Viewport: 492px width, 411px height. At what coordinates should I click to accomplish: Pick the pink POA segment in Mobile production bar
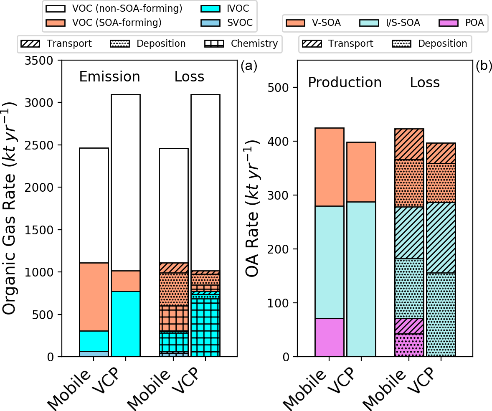tap(330, 337)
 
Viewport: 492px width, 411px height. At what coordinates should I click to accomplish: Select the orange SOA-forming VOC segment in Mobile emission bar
tap(94, 297)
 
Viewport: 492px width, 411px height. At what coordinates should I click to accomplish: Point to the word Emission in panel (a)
tap(109, 77)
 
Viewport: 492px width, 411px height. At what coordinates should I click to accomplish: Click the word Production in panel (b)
tap(345, 83)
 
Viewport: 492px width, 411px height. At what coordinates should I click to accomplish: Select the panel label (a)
tap(249, 66)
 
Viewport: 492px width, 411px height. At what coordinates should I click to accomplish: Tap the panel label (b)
tap(483, 66)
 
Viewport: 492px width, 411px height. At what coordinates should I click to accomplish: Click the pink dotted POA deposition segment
tap(409, 345)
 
